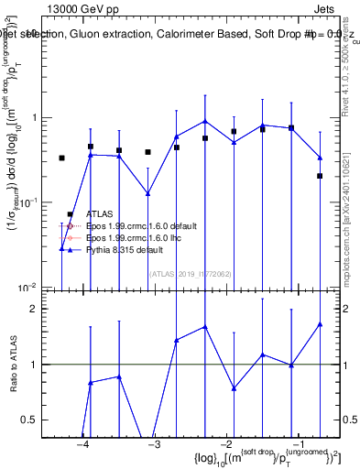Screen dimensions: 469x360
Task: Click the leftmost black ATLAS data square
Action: pyautogui.click(x=61, y=158)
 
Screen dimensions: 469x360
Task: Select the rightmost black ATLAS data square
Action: pyautogui.click(x=320, y=176)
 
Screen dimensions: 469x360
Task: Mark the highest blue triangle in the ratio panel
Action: pyautogui.click(x=320, y=323)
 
